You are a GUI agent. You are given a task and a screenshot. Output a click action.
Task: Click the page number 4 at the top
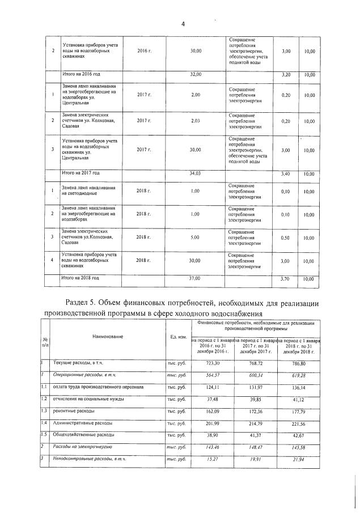pos(183,23)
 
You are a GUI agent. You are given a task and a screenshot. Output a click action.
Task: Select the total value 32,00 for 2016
pos(196,74)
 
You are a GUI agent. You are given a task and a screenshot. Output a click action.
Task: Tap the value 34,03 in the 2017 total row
pos(196,173)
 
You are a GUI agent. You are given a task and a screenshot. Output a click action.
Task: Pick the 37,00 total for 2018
pos(196,278)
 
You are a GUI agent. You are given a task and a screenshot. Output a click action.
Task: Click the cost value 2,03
pos(196,121)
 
